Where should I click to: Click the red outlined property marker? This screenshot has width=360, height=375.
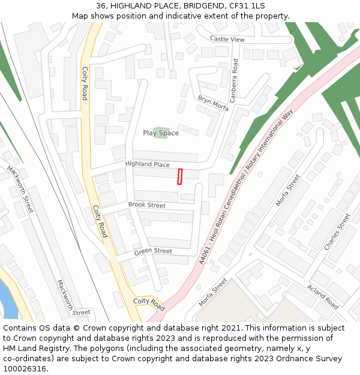[179, 176]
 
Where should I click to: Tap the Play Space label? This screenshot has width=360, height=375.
[160, 133]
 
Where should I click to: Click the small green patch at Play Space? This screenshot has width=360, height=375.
[160, 132]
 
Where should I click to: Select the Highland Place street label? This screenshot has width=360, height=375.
[147, 164]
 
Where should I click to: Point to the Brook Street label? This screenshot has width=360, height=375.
[146, 205]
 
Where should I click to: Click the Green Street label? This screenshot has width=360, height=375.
[153, 251]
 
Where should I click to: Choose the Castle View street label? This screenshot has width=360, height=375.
[227, 39]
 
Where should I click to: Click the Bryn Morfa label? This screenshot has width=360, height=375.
[213, 103]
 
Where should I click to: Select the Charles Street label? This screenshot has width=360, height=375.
[337, 232]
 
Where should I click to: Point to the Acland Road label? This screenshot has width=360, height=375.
[323, 296]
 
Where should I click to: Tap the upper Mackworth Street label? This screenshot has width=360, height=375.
[20, 190]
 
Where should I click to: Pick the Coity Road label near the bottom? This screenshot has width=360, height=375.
[148, 304]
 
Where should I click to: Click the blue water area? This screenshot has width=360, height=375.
[9, 300]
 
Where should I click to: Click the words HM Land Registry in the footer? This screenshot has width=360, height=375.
[30, 349]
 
